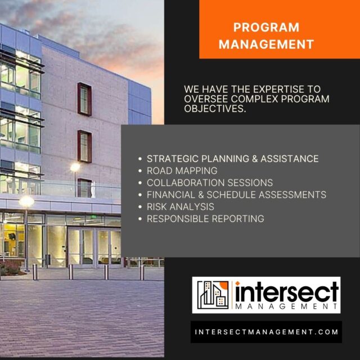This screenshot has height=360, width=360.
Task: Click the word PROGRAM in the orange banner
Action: (266, 28)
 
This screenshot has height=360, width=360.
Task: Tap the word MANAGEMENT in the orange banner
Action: (266, 43)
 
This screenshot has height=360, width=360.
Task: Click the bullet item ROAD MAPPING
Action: (182, 170)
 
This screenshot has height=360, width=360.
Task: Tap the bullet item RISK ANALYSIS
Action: (180, 207)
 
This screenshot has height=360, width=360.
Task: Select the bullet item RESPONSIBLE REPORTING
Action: (205, 219)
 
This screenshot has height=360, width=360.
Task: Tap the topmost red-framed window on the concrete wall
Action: (84, 99)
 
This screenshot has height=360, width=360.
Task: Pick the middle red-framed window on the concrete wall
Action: (84, 146)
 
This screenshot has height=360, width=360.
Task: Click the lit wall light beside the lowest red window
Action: (75, 166)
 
